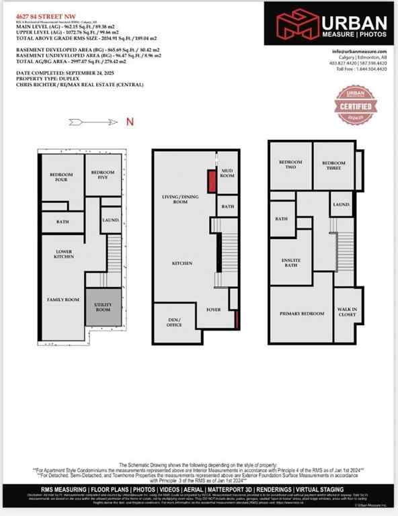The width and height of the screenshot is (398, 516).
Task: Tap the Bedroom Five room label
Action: pos(103,175)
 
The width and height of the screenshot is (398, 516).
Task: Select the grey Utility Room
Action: pos(104,308)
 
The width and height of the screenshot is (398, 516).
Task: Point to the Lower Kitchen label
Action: pos(64,255)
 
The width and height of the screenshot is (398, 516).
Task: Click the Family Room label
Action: pos(63,300)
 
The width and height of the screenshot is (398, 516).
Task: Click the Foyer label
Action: pos(214,310)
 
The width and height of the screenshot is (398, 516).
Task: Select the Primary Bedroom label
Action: pos(301,314)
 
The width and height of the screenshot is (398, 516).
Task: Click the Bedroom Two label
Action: pos(290,165)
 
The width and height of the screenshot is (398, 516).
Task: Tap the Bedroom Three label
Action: pos(333,165)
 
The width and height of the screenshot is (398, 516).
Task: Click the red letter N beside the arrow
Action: pos(130,122)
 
